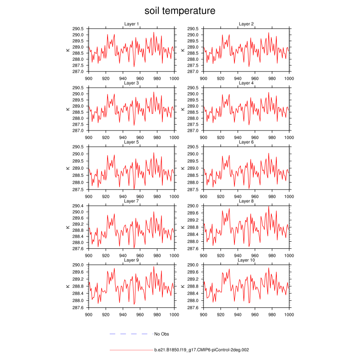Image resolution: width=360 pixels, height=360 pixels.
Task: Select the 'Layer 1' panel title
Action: coord(131,24)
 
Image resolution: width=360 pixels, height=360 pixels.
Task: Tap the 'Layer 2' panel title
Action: coord(246,24)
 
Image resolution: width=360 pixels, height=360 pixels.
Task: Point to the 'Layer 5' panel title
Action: coord(131,142)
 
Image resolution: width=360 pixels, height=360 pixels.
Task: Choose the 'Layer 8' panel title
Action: coord(246,201)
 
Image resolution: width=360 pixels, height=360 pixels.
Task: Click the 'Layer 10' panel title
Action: coord(246,260)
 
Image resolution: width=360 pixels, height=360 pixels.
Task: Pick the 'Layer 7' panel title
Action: coord(131,201)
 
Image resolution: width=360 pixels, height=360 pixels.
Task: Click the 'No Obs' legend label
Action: coord(162,334)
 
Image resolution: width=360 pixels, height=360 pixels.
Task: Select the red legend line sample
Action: coord(131,350)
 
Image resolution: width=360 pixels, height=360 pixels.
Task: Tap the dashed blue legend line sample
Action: coord(129,334)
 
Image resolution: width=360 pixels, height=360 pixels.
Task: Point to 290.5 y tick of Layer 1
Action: coord(78,28)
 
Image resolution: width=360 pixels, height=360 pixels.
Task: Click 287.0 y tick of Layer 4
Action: coord(193,130)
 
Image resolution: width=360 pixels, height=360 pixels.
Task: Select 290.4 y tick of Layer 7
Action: coord(78,206)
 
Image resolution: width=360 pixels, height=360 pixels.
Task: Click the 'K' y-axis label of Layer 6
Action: coord(183,168)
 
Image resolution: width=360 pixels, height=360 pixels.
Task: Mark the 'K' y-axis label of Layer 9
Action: coord(68,286)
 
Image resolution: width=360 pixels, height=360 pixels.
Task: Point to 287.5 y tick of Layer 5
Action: coord(78,189)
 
